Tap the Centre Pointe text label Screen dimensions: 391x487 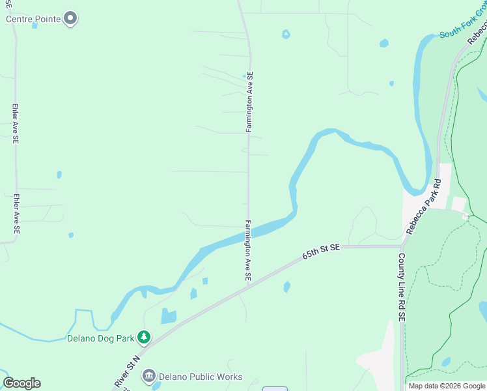(x=34, y=19)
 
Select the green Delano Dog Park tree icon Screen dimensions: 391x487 (x=144, y=337)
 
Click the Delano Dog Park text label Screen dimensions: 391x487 (x=100, y=338)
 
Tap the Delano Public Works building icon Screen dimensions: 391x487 (x=149, y=376)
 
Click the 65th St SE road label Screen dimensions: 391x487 (x=321, y=252)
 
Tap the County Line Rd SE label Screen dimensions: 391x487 (x=402, y=287)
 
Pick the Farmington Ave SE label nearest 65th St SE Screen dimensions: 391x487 (x=248, y=251)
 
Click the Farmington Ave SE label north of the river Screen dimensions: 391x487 (x=249, y=102)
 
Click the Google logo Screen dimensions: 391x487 (x=21, y=383)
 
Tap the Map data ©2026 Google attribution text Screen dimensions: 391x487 (x=447, y=386)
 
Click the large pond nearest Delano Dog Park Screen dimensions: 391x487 (x=169, y=317)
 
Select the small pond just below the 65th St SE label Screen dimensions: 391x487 (x=286, y=287)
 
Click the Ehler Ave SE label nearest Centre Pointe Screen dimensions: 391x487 (x=15, y=122)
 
